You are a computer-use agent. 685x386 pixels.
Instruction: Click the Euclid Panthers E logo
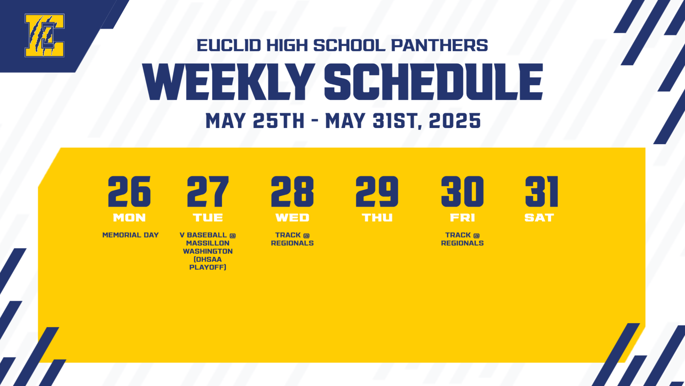tap(45, 35)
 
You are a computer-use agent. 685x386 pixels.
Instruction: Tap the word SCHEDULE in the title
tap(433, 82)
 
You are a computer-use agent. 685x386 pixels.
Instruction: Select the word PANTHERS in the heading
tap(439, 46)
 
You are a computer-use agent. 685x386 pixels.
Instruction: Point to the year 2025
tap(455, 121)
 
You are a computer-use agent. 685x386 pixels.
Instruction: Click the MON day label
tap(129, 218)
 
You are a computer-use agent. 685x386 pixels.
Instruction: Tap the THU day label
tap(377, 218)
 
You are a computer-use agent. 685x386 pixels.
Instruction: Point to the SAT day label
tap(539, 218)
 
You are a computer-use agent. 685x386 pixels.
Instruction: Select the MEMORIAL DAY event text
tap(130, 235)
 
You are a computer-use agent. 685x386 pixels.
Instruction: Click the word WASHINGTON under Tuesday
tap(208, 251)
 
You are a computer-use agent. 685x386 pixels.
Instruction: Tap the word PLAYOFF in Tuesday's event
tap(207, 267)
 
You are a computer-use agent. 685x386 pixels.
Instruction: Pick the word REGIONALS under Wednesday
tap(292, 243)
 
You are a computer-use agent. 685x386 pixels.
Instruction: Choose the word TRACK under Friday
tap(458, 235)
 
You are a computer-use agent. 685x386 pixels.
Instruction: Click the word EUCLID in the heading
tap(229, 46)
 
